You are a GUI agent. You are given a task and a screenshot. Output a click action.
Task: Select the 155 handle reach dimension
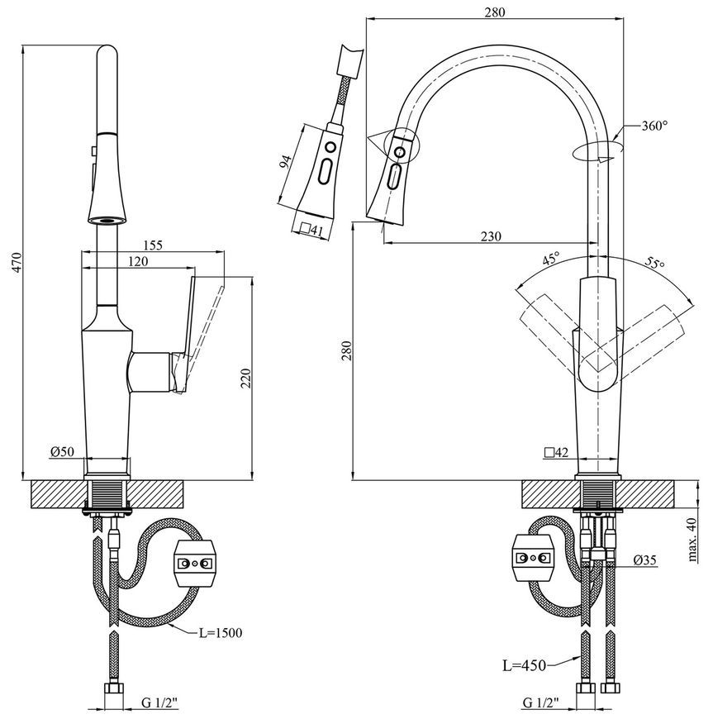(x=153, y=245)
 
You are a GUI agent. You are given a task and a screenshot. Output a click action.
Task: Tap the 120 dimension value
(x=138, y=261)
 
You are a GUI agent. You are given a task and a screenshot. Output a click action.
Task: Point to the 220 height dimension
(x=245, y=379)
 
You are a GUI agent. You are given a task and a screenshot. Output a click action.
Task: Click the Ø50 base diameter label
(x=62, y=452)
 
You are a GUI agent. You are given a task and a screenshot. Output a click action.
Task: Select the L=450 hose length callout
(x=525, y=665)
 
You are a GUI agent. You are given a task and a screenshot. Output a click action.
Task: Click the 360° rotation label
(x=654, y=126)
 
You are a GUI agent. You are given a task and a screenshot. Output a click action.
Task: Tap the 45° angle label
(x=552, y=259)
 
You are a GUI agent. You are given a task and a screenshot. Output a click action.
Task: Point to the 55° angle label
(x=655, y=263)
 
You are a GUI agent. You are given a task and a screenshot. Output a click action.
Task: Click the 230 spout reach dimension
(x=491, y=236)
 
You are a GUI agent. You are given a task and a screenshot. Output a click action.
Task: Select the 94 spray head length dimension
(x=285, y=162)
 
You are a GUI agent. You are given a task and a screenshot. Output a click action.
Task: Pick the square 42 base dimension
(x=556, y=453)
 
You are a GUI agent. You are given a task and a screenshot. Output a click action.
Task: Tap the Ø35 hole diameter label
(x=645, y=559)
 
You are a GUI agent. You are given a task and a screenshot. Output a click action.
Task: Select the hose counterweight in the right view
(x=533, y=558)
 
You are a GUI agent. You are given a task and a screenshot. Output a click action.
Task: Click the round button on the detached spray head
(x=330, y=148)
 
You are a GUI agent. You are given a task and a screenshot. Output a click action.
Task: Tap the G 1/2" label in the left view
(x=159, y=702)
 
